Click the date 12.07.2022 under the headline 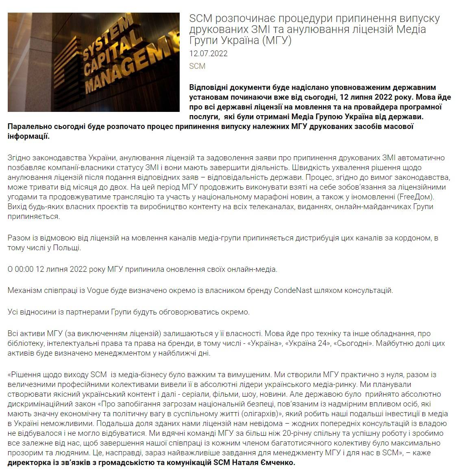208,53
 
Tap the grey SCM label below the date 197,66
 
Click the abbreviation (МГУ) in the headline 276,40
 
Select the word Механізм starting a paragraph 24,291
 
